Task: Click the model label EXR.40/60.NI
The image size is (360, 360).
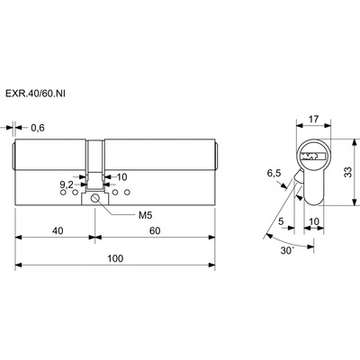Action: click(35, 94)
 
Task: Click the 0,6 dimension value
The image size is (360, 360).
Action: click(38, 128)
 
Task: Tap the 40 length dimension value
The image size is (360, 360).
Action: click(58, 230)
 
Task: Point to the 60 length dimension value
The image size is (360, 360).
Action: click(155, 230)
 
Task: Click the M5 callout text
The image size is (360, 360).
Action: click(146, 215)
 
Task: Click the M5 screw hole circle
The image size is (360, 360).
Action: click(95, 198)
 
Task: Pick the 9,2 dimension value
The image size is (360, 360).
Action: click(67, 184)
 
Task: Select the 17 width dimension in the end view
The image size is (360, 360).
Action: click(313, 119)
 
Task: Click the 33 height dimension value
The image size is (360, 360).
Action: click(347, 172)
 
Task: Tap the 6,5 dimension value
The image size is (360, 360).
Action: click(274, 173)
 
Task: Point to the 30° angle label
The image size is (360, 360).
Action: click(286, 250)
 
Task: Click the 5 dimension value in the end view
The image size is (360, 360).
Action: click(281, 221)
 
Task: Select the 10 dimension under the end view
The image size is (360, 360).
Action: click(314, 221)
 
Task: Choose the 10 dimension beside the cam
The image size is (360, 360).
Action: click(121, 177)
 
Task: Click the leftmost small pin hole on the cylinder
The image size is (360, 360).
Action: click(63, 193)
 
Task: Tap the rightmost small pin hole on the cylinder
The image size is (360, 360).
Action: click(128, 192)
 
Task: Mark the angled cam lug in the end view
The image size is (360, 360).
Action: click(299, 175)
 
